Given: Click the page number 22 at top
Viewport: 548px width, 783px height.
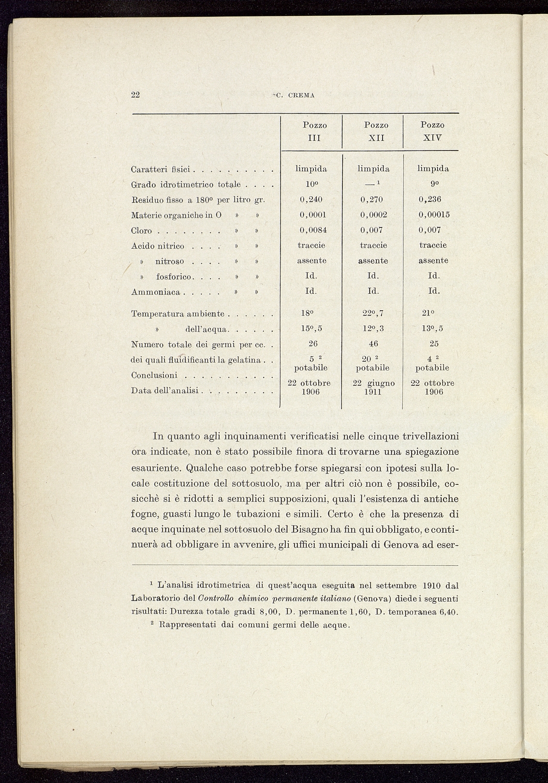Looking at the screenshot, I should click(x=135, y=95).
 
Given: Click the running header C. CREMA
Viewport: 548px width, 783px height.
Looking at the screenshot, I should click(x=295, y=95).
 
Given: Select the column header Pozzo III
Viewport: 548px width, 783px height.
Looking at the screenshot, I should click(x=315, y=131).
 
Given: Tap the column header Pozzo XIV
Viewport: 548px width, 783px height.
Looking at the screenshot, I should click(x=432, y=131).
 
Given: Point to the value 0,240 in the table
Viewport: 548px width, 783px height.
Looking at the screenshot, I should click(x=311, y=199).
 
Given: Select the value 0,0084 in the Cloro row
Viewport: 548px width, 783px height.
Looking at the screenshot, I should click(x=313, y=230).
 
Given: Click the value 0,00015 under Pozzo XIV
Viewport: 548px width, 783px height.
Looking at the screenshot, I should click(x=434, y=214).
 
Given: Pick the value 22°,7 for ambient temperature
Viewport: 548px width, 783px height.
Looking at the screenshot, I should click(x=373, y=314).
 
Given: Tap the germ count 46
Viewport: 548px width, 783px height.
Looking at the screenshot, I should click(x=373, y=344).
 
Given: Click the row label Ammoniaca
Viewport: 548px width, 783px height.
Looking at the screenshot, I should click(x=156, y=292).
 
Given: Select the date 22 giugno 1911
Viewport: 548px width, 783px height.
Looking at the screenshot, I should click(x=373, y=388).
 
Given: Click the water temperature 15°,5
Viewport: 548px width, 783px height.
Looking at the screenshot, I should click(x=311, y=329).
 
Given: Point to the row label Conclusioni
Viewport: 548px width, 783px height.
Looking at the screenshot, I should click(x=154, y=376).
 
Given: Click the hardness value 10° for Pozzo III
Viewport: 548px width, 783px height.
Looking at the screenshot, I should click(x=311, y=184).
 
